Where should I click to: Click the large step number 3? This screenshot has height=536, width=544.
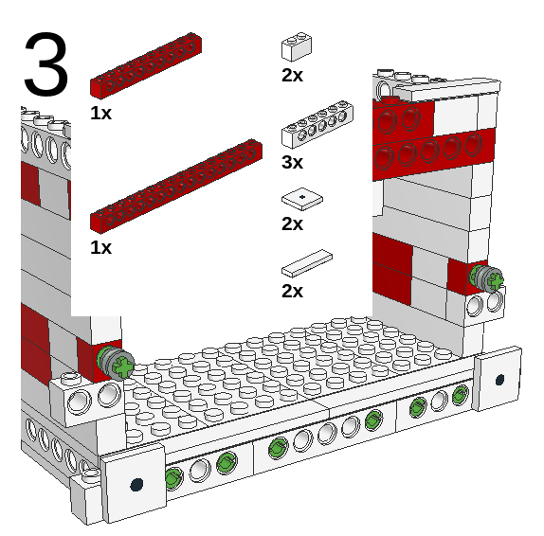45,64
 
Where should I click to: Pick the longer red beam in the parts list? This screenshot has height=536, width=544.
175,186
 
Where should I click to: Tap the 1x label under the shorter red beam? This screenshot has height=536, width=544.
100,113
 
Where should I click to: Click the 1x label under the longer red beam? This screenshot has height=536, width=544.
100,247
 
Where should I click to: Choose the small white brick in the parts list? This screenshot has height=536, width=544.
297,47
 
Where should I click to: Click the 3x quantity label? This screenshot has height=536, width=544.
292,163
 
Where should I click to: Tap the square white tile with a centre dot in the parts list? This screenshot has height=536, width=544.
301,198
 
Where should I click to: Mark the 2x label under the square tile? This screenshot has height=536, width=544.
292,223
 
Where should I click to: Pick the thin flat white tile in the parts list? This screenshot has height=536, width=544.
308,261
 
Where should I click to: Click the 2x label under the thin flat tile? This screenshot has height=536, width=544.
292,291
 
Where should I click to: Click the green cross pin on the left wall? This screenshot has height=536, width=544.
117,363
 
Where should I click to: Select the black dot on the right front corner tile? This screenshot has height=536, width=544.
499,380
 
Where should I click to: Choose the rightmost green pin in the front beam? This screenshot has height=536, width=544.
461,394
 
